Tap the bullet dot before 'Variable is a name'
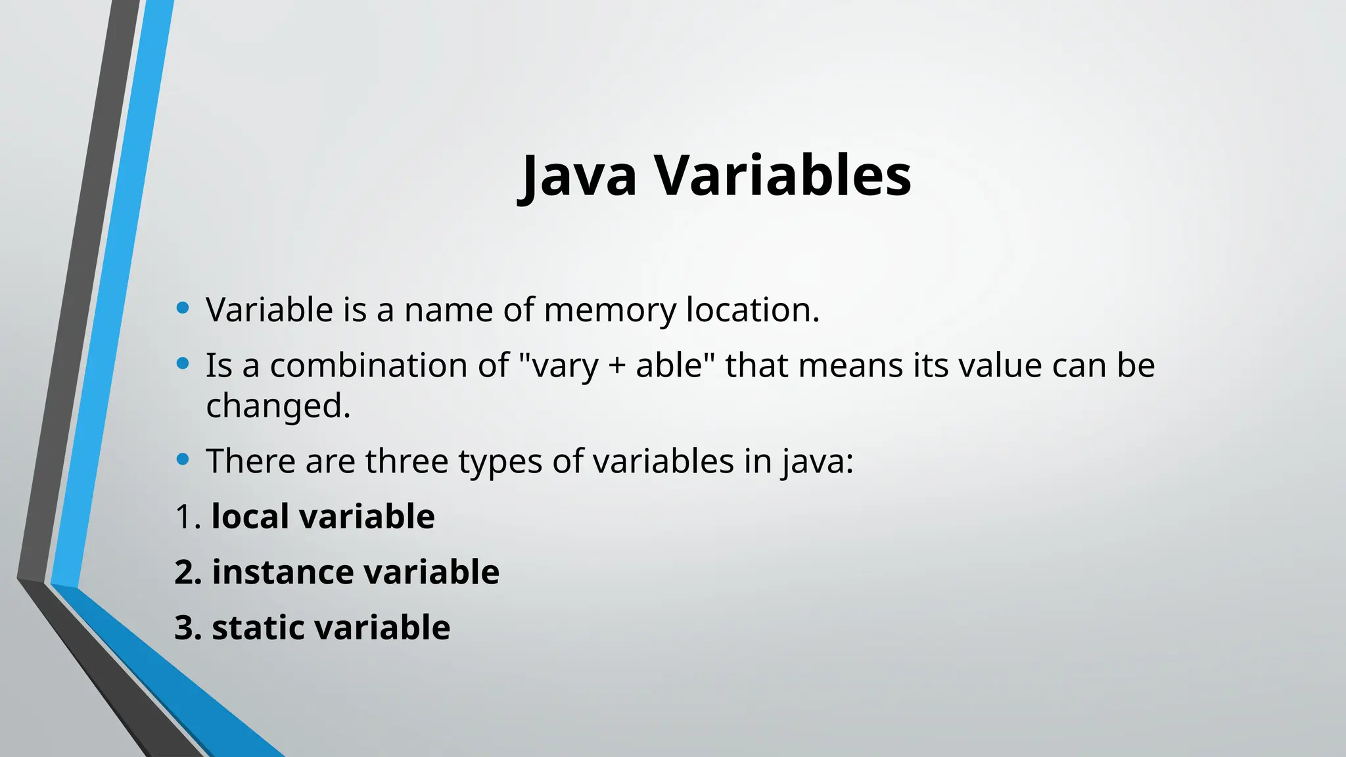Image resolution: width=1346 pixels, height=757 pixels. point(183,307)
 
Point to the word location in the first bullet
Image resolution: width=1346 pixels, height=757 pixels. point(753,310)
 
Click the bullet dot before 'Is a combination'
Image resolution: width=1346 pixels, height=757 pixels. point(183,363)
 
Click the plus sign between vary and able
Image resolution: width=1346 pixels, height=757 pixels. point(616,366)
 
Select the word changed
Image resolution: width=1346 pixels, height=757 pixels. point(278,406)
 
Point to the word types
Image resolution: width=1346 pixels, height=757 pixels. point(499,462)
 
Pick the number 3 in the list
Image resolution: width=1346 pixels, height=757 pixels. point(185,628)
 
